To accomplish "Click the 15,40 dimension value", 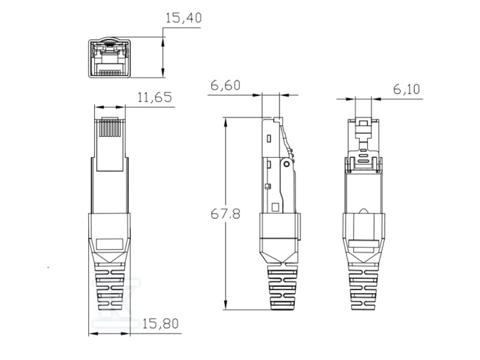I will (x=184, y=19).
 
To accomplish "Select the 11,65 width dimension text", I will (x=155, y=97).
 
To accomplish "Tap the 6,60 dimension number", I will (x=225, y=86).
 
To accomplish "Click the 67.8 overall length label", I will (x=226, y=214).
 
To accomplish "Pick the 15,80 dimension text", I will (x=161, y=324).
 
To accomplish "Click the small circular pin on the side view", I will (x=287, y=163).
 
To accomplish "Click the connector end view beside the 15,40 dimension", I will (x=109, y=58).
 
